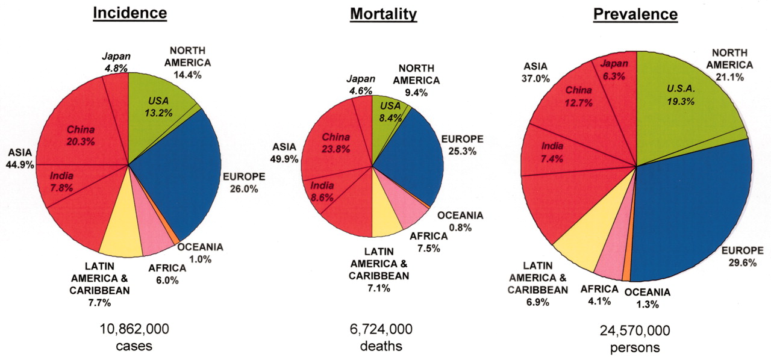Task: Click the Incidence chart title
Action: (129, 13)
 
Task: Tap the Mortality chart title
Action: (383, 14)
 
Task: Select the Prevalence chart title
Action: (635, 14)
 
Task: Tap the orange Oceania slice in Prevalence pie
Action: (626, 274)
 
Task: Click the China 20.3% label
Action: (81, 135)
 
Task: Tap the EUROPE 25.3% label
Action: (463, 145)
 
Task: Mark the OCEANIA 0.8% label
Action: (460, 222)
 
